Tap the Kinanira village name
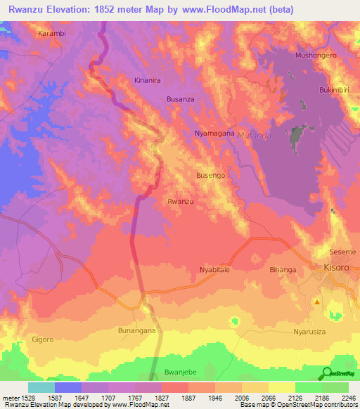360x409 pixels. (148, 81)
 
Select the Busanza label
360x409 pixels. (180, 100)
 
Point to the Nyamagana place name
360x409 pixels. (214, 133)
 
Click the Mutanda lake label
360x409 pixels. (253, 135)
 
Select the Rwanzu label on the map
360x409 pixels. (180, 202)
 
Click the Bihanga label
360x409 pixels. (283, 269)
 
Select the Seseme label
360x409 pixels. (343, 252)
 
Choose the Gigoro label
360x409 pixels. (42, 339)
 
